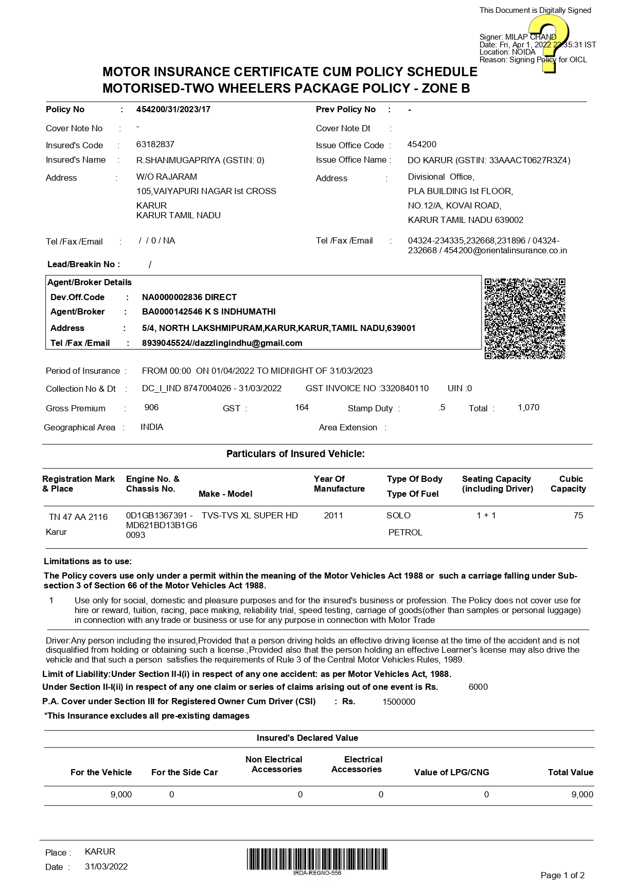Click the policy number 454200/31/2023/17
173,109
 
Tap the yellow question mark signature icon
548,43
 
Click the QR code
524,319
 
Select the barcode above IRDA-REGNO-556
317,859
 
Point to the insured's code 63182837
155,144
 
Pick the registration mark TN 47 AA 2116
78,517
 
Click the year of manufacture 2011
333,515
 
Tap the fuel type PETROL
405,532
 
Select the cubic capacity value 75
578,515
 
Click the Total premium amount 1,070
528,408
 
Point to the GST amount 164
302,408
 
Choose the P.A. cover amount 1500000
399,702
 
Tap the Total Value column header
570,772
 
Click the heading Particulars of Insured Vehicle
295,454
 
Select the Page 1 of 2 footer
562,875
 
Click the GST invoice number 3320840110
404,388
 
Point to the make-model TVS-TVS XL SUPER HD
250,515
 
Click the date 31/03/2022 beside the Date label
106,866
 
